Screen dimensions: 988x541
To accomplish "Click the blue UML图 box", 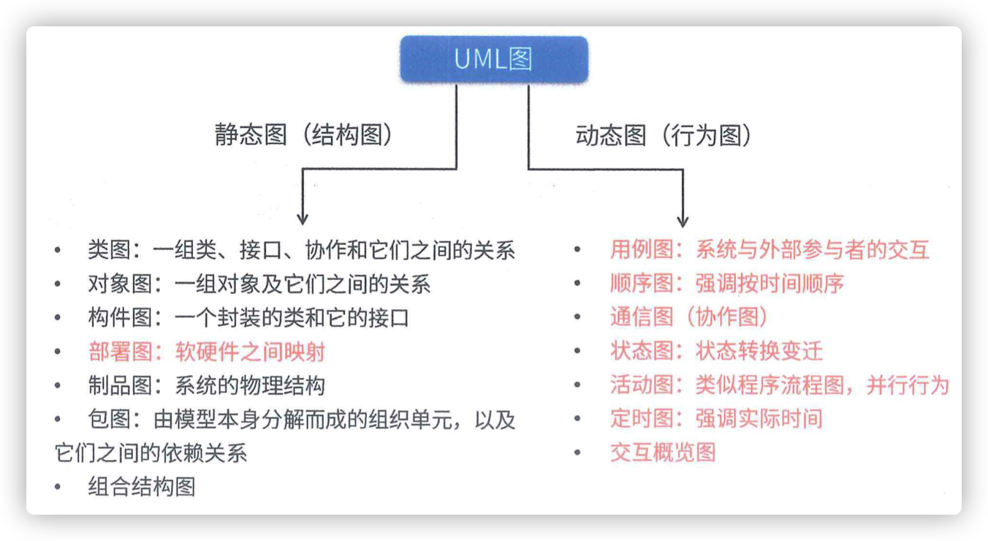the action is [494, 59].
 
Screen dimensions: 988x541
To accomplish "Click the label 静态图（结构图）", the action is [304, 135].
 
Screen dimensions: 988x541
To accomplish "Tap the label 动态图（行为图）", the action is [664, 135].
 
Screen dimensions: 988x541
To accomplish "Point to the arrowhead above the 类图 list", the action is [303, 219].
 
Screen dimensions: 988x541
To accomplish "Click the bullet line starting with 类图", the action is [301, 250].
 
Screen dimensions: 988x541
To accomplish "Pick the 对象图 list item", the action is [259, 284].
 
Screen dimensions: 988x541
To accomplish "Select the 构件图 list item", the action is [248, 318].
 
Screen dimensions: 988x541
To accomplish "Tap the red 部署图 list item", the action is [206, 352].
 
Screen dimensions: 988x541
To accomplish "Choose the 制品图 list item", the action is [206, 385].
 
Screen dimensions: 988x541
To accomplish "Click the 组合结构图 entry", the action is [142, 487].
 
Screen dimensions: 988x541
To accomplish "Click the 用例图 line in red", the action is [769, 249].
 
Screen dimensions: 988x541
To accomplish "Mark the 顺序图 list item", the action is [727, 283].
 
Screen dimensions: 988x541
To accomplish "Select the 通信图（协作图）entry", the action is [689, 317].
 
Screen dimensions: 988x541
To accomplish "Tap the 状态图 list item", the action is [716, 351].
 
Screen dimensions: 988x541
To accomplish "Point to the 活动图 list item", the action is [780, 385].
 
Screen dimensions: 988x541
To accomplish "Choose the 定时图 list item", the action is [716, 418].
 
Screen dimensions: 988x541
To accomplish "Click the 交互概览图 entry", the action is [663, 453].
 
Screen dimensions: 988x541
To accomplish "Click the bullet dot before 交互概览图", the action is [577, 453].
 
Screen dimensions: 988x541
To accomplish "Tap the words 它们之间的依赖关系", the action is [151, 453].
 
